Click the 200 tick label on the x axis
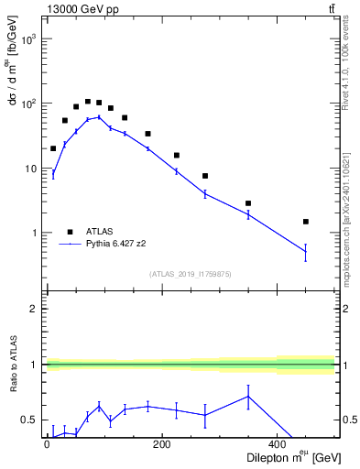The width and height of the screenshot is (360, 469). coord(162,445)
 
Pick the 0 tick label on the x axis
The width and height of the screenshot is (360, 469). coord(47,445)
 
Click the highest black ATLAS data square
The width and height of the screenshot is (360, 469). coord(88,102)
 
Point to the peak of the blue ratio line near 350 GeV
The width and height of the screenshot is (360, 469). coord(248,396)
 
